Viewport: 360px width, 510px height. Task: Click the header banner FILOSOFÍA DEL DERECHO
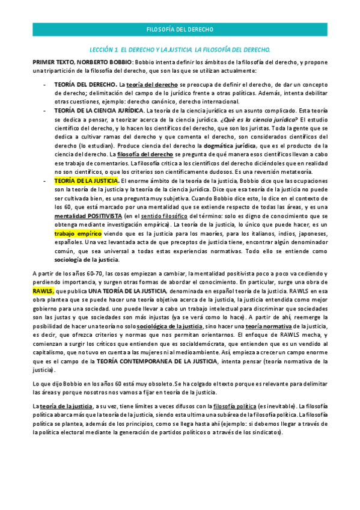point(180,29)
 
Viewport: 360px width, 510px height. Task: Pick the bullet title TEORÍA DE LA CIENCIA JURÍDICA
point(99,111)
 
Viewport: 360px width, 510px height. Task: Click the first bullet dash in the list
point(46,85)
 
